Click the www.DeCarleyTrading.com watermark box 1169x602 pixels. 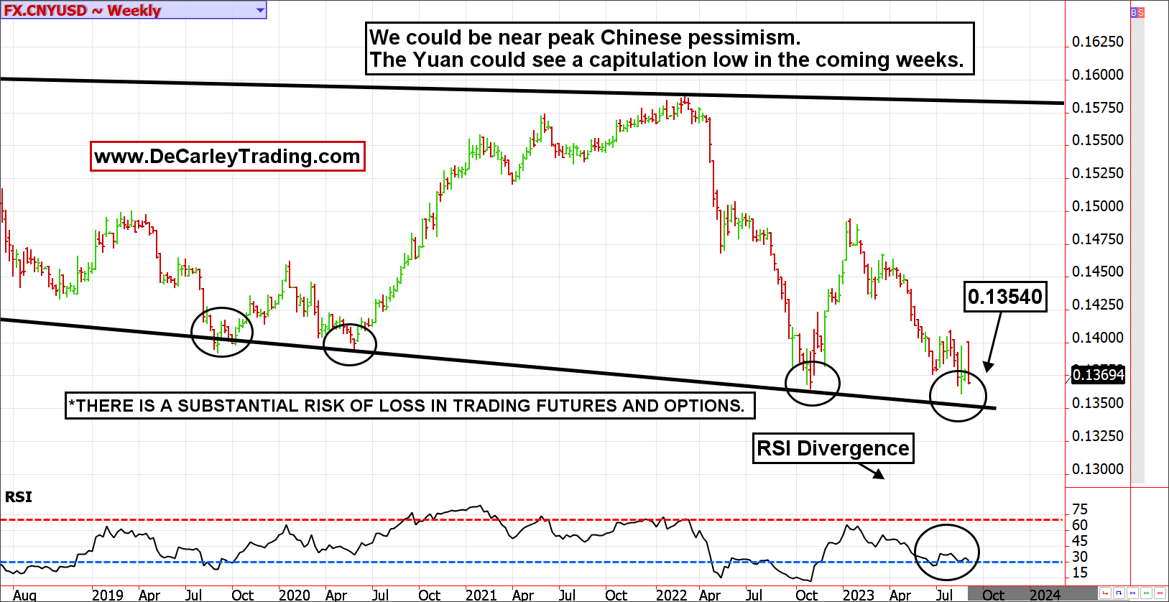(227, 156)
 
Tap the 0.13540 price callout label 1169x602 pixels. (1004, 297)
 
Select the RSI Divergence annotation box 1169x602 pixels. (833, 448)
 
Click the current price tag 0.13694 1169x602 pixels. (1098, 375)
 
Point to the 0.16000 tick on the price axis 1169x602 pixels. (1097, 75)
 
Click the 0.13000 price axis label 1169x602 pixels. (1097, 469)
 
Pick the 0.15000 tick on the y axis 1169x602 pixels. (1097, 206)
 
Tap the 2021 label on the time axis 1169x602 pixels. (481, 595)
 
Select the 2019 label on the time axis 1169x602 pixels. (107, 595)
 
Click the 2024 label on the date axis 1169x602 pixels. (1045, 595)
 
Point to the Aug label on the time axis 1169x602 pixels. (24, 595)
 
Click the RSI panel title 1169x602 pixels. (19, 497)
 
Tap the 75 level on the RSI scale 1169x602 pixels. (1079, 509)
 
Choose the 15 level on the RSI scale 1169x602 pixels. (1079, 573)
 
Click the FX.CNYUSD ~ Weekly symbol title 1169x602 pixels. (83, 10)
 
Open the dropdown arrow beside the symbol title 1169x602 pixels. (260, 10)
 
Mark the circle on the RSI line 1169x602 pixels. (947, 552)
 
